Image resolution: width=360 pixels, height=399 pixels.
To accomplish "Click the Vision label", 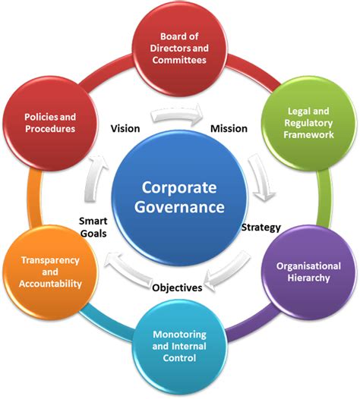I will coord(125,128).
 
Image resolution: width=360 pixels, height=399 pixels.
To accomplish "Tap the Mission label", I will coord(229,128).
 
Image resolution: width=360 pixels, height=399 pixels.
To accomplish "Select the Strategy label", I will coord(261,227).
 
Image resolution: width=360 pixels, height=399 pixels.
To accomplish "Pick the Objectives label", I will coord(178,287).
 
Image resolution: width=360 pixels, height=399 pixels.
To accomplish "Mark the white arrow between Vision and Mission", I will coord(178,116).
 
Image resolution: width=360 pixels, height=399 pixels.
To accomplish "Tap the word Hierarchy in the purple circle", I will coord(308,278).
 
